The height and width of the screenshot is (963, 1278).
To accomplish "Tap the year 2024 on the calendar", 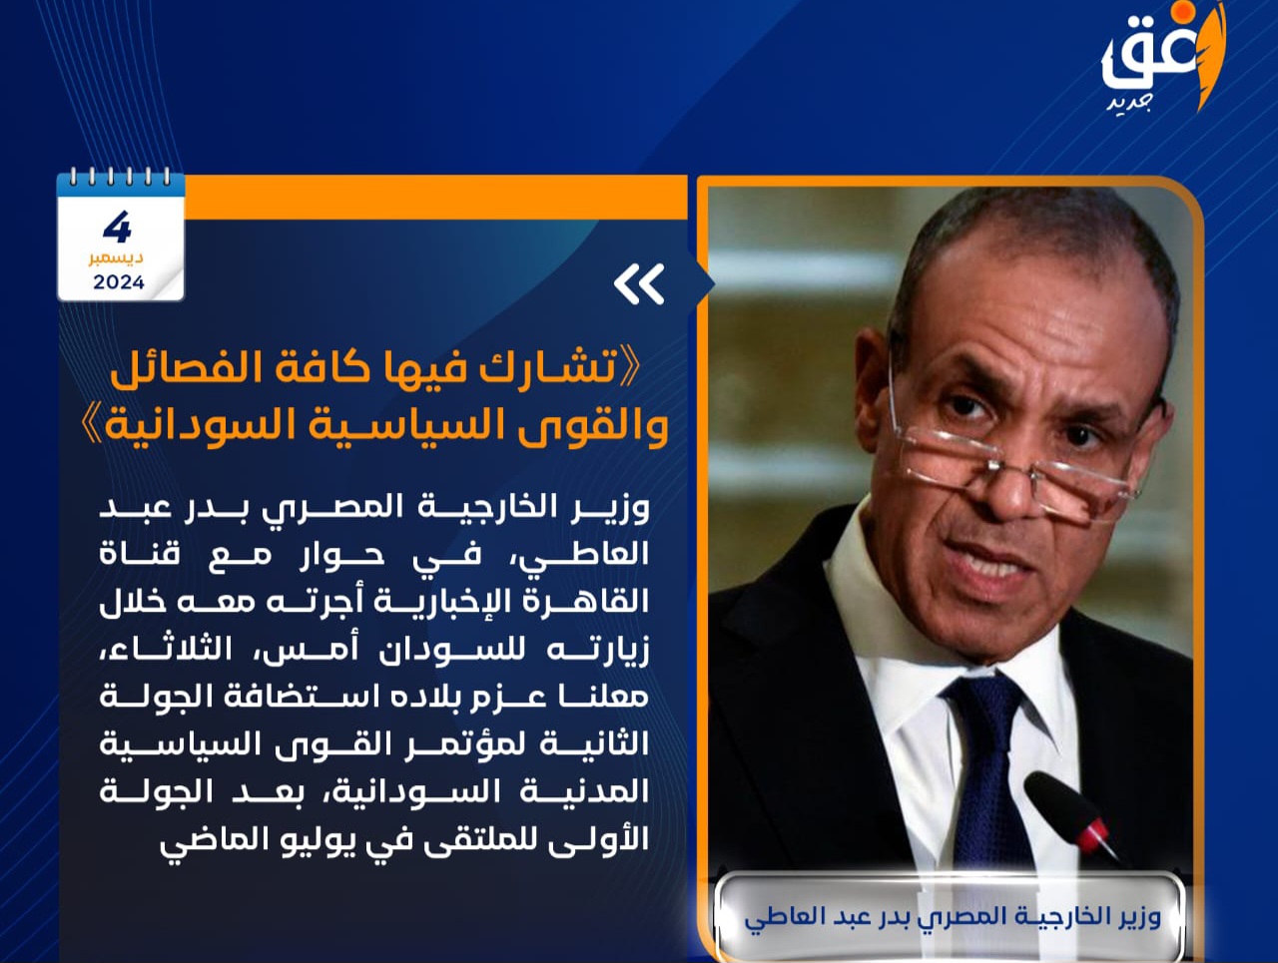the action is click(119, 282).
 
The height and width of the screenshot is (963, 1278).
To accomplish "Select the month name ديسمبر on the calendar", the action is click(116, 257).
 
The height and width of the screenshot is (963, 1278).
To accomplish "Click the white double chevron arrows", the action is click(639, 284).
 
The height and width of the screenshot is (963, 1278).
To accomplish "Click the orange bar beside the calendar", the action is click(435, 198).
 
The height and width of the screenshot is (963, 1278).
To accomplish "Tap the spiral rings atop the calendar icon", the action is click(121, 177).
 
